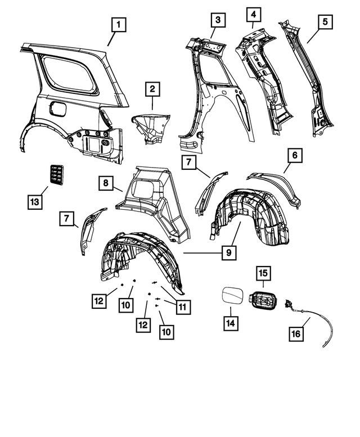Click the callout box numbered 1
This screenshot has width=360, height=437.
(119, 25)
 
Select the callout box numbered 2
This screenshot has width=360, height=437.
(152, 88)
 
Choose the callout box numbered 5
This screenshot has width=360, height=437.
(323, 21)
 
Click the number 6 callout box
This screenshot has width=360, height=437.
(295, 154)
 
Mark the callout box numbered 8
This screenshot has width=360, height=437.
(105, 183)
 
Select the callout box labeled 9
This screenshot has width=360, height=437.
(228, 253)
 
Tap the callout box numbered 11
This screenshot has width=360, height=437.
(182, 307)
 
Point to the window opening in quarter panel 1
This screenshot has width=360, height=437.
(70, 73)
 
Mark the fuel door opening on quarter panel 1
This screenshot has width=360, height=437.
(58, 109)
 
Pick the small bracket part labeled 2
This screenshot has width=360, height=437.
(152, 127)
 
